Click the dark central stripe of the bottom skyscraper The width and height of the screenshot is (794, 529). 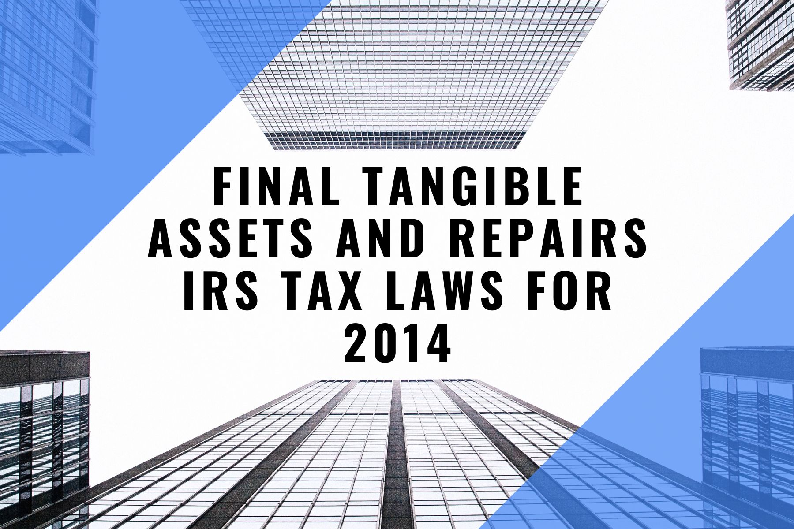(397, 454)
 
